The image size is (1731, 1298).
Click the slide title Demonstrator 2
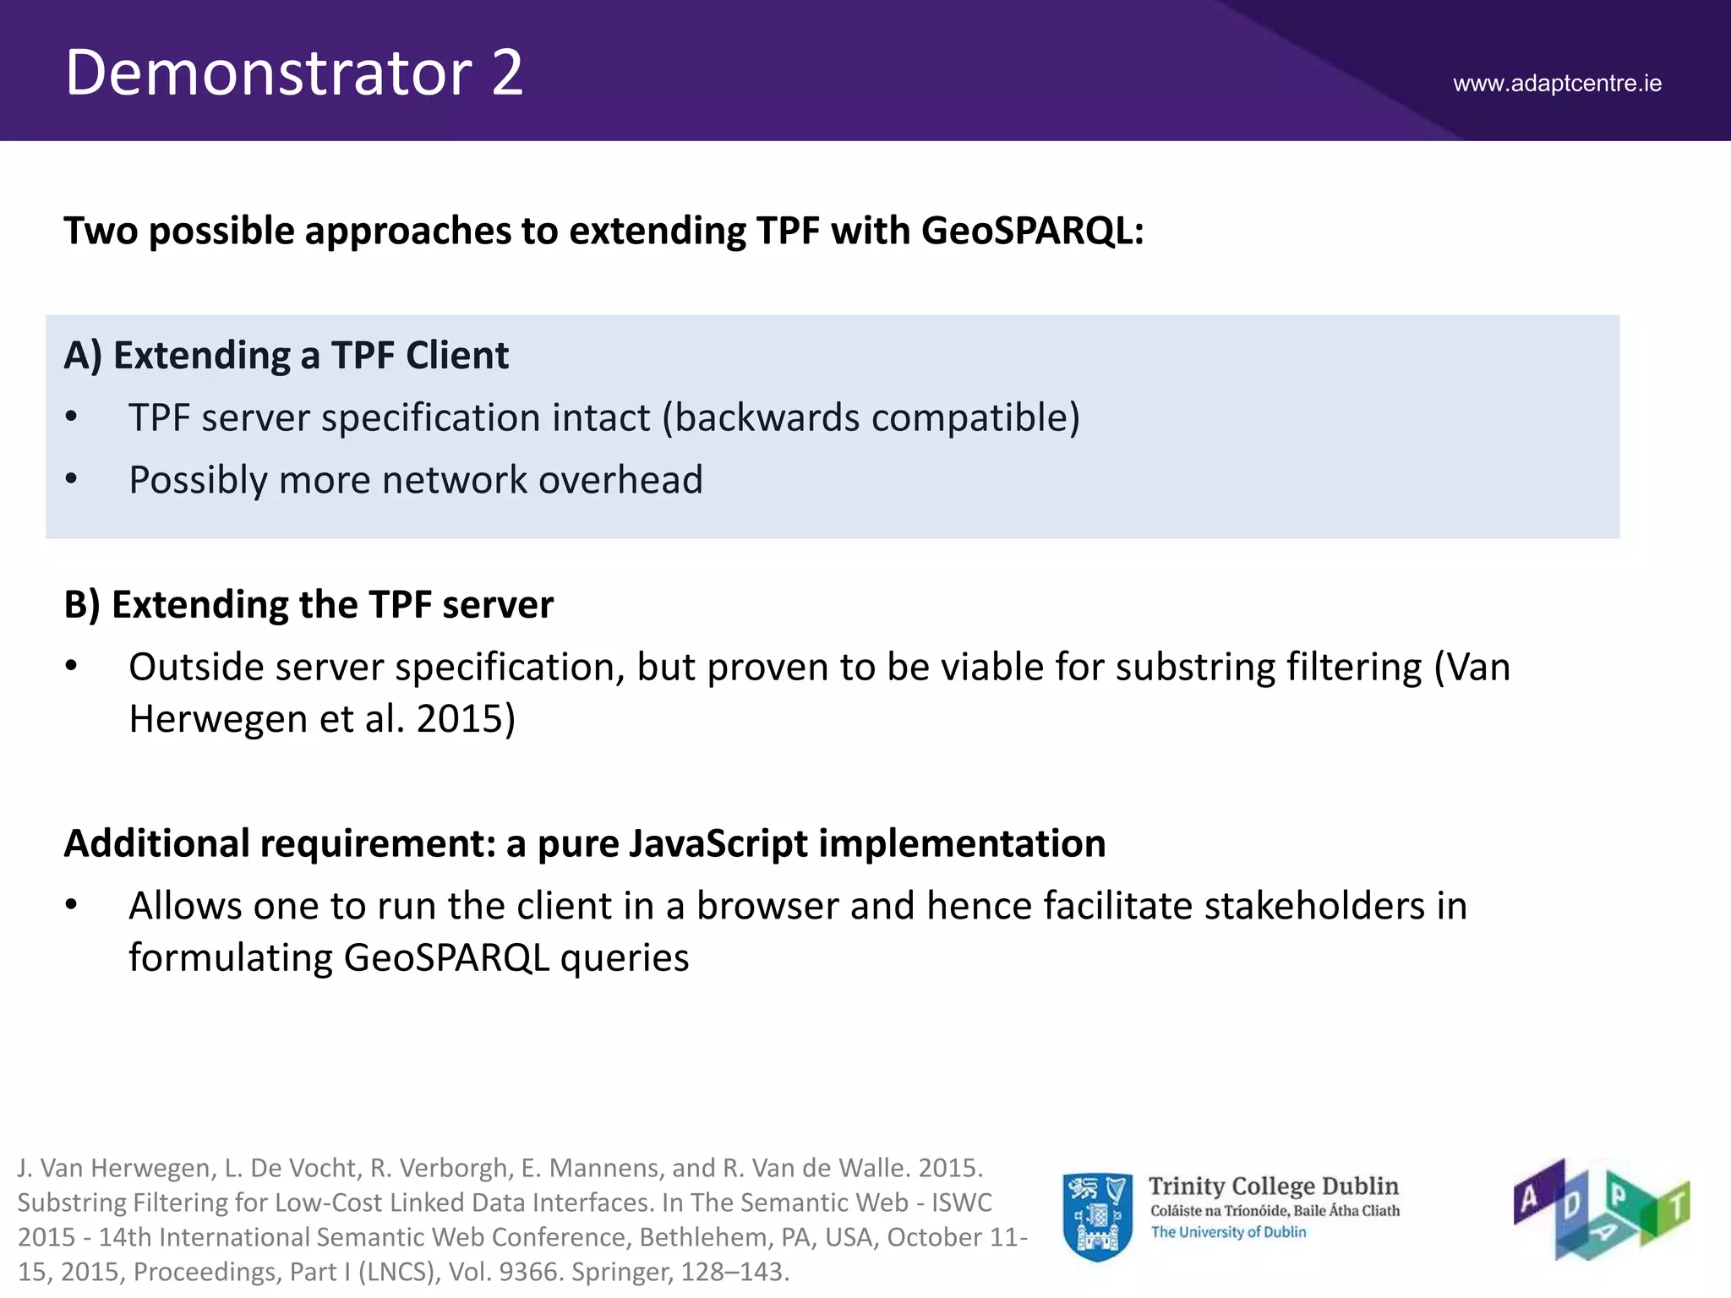294,73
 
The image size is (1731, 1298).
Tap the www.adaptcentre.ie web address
1557,84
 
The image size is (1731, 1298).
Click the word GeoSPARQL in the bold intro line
1031,231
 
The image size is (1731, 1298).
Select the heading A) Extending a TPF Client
287,355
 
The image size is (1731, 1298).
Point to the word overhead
620,480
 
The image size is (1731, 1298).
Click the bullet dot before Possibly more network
72,479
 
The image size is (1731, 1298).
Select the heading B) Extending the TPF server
309,605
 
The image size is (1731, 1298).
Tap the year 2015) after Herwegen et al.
466,719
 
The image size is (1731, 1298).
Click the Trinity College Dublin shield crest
1097,1216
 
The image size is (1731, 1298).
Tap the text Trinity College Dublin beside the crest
1273,1186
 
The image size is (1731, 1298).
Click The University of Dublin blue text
1228,1232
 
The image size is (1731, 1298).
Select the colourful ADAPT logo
1600,1209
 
